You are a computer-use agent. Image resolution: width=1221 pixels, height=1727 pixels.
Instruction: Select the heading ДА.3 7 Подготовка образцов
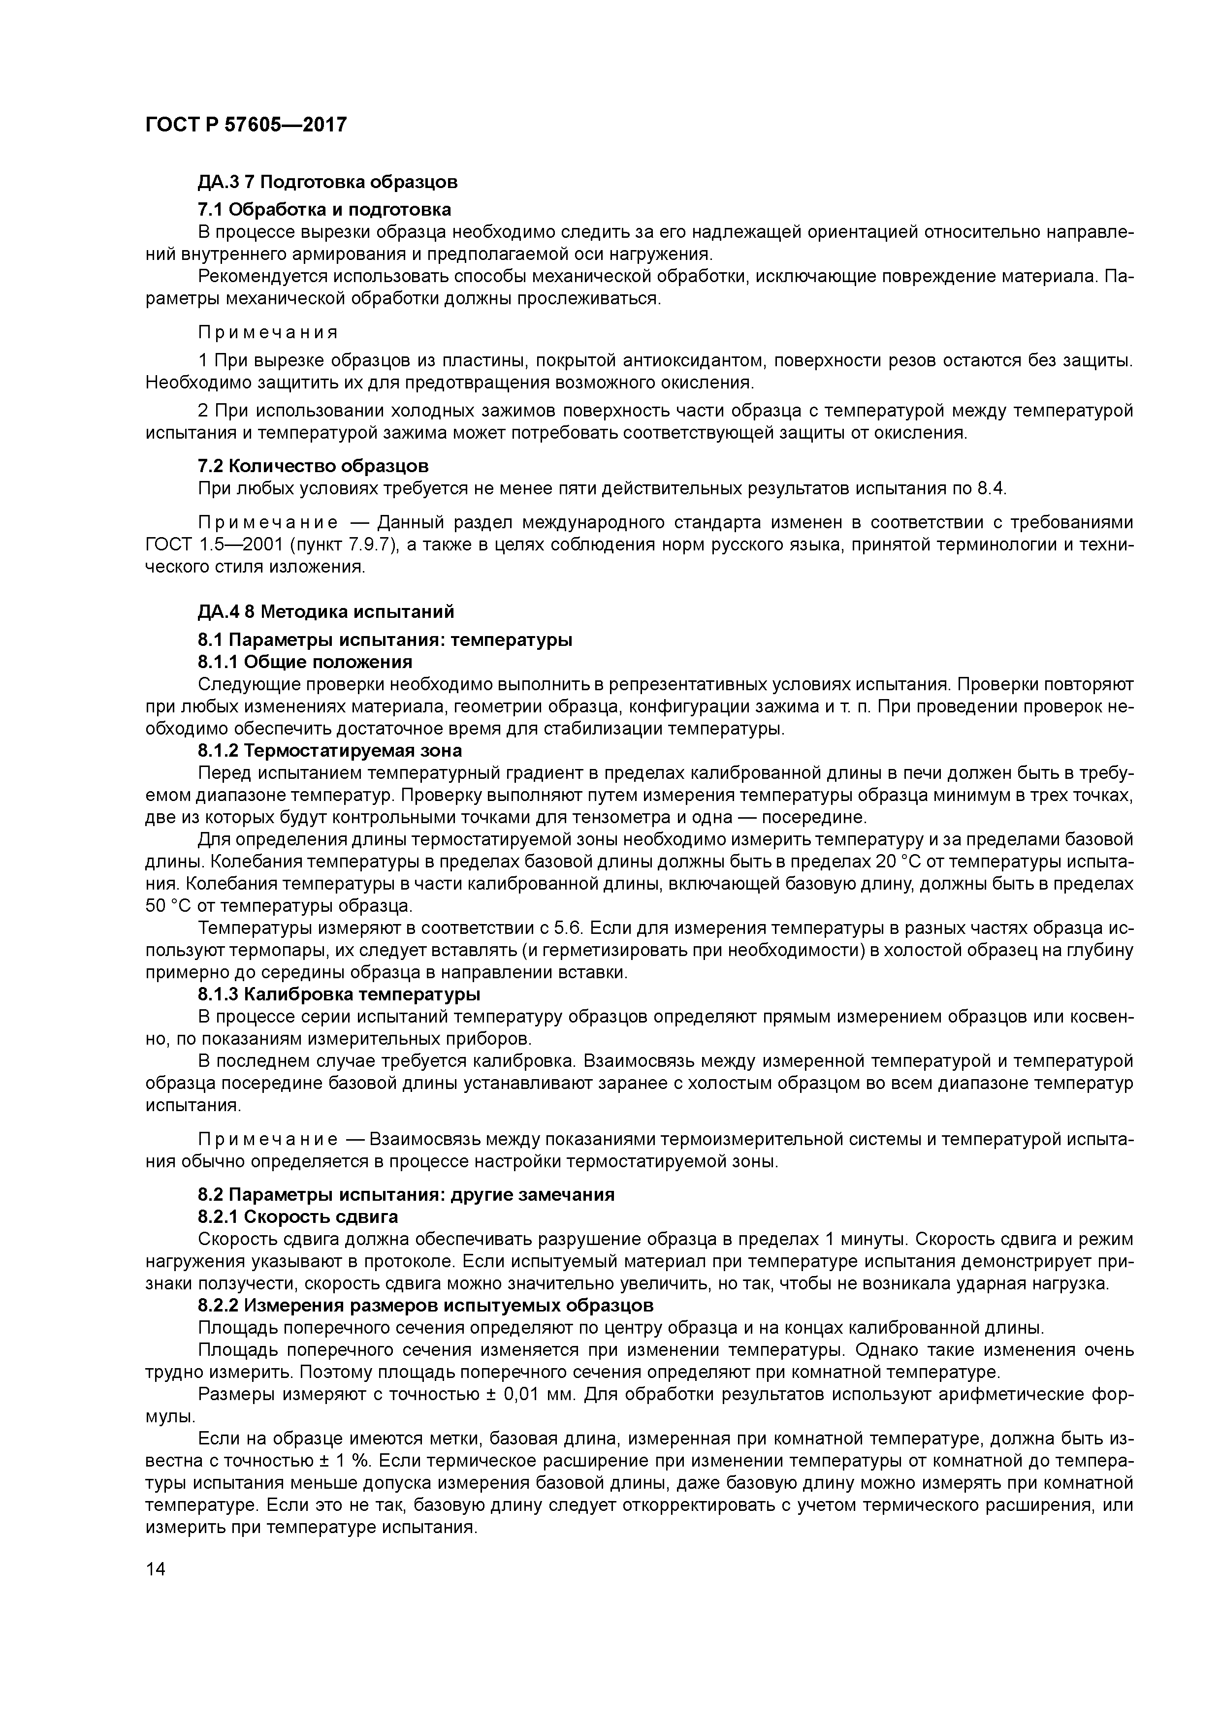click(x=327, y=182)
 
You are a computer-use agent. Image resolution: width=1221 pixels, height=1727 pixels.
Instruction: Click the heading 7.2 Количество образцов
click(x=313, y=466)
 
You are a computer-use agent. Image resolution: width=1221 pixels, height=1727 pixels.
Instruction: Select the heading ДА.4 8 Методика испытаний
click(x=326, y=611)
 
